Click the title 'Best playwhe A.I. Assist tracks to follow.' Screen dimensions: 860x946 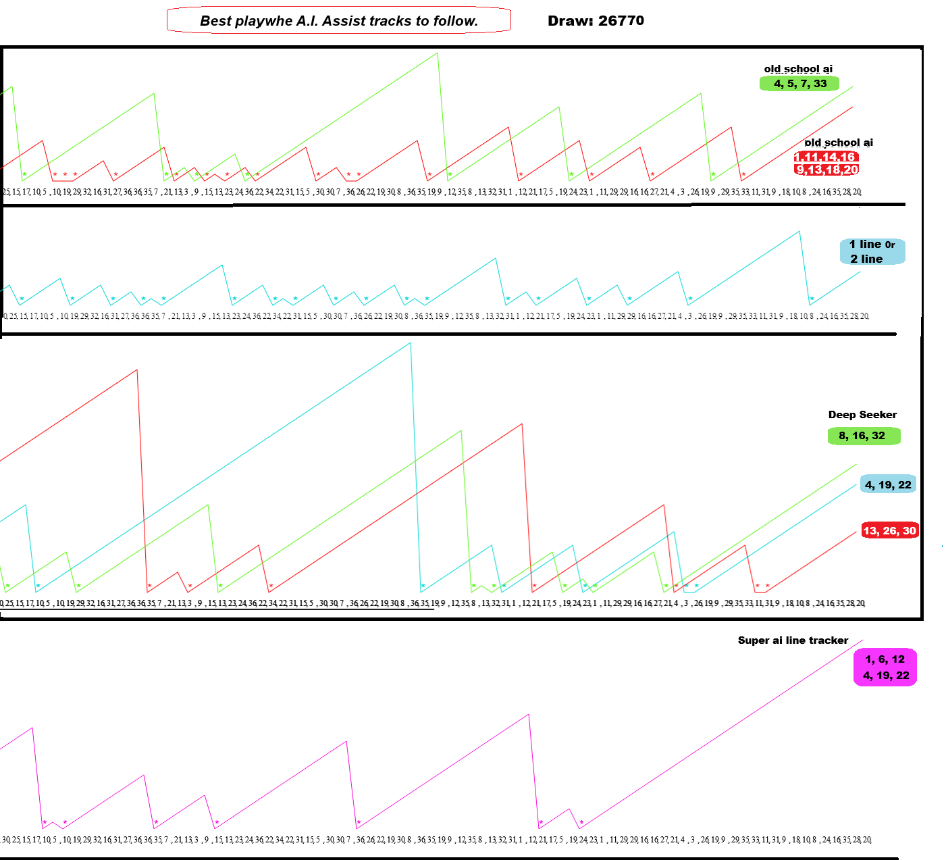click(338, 21)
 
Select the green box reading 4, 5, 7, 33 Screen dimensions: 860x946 click(799, 84)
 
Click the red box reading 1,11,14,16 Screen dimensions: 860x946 click(825, 157)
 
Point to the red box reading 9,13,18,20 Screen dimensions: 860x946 click(826, 170)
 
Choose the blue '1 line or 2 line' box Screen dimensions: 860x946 click(872, 251)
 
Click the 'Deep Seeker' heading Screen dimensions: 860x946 click(862, 415)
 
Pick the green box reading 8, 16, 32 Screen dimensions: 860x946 click(864, 436)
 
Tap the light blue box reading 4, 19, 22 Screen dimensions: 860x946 click(888, 485)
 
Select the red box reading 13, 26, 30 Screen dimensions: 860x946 click(889, 531)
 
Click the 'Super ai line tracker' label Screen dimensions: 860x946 click(793, 640)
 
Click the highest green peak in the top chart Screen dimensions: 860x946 click(438, 53)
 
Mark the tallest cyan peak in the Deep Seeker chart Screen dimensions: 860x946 click(410, 344)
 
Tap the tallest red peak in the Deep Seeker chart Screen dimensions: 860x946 click(137, 370)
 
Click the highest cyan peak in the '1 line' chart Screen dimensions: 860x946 click(799, 232)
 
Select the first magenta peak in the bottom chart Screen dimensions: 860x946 click(32, 728)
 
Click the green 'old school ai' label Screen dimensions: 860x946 click(798, 69)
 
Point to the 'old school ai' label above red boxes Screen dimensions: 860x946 click(839, 143)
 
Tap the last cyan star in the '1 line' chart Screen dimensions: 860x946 click(812, 299)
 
